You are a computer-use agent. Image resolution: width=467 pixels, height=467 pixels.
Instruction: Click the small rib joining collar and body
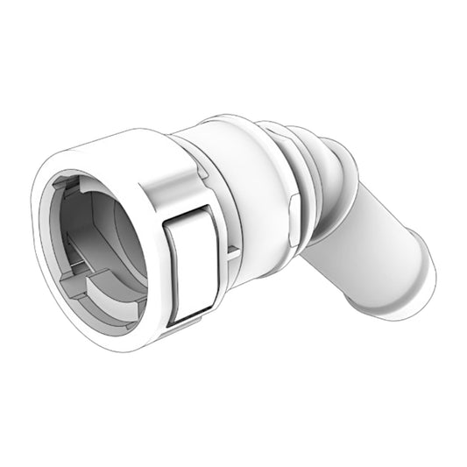point(230,254)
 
